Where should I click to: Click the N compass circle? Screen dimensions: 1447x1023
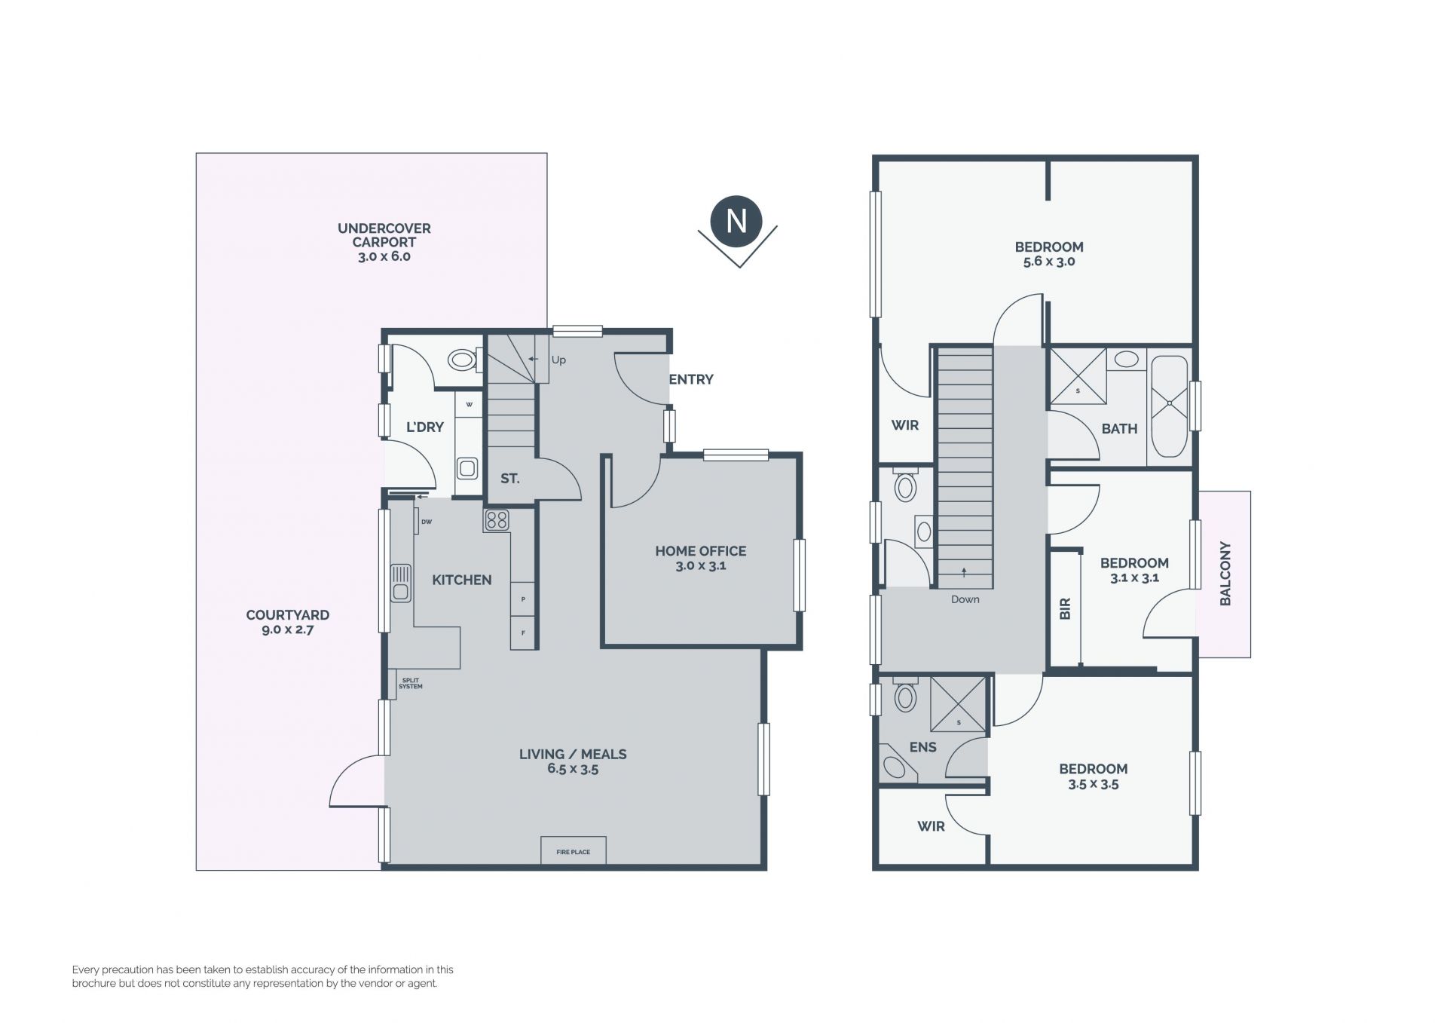pyautogui.click(x=736, y=221)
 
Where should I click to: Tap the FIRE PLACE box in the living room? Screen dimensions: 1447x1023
pyautogui.click(x=573, y=850)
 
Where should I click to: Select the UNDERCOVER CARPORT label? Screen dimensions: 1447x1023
pyautogui.click(x=384, y=235)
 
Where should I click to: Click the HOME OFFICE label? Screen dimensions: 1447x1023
pyautogui.click(x=700, y=551)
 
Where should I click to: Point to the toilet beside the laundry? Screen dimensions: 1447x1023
pyautogui.click(x=463, y=360)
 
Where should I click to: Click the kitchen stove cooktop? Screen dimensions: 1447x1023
pyautogui.click(x=497, y=520)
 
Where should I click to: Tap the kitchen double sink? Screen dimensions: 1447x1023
pyautogui.click(x=400, y=583)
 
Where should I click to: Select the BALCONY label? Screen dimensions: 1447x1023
pyautogui.click(x=1225, y=574)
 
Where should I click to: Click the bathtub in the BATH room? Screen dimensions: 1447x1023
pyautogui.click(x=1169, y=406)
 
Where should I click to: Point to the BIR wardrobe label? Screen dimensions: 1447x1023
pyautogui.click(x=1065, y=609)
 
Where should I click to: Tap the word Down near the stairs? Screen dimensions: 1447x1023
pyautogui.click(x=965, y=599)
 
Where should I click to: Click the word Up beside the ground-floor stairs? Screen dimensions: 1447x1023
pyautogui.click(x=558, y=360)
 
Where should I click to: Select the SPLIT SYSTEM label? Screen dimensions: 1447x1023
pyautogui.click(x=411, y=684)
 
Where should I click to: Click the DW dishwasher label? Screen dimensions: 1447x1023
pyautogui.click(x=427, y=522)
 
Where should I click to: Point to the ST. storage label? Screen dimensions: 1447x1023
pyautogui.click(x=510, y=478)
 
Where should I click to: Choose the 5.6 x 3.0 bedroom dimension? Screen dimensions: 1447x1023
pyautogui.click(x=1049, y=262)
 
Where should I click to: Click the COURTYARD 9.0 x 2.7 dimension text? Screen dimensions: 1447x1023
pyautogui.click(x=287, y=629)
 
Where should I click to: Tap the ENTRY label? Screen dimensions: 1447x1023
pyautogui.click(x=691, y=379)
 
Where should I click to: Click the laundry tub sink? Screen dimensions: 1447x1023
pyautogui.click(x=467, y=468)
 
